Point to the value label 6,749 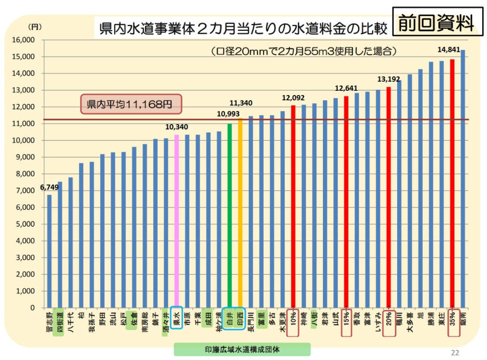(x=49, y=187)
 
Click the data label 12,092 (x=293, y=98)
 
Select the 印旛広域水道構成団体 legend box (x=242, y=350)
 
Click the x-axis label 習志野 (x=49, y=322)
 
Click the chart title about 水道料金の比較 (x=241, y=28)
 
